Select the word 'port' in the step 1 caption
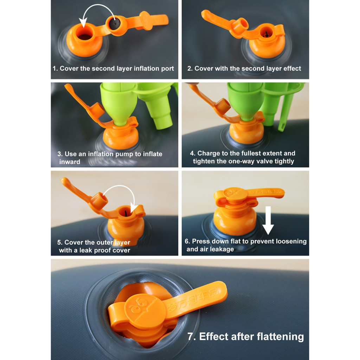point(167,69)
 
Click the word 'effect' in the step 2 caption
point(292,69)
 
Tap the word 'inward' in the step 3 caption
point(70,162)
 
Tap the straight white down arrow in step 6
point(268,220)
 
